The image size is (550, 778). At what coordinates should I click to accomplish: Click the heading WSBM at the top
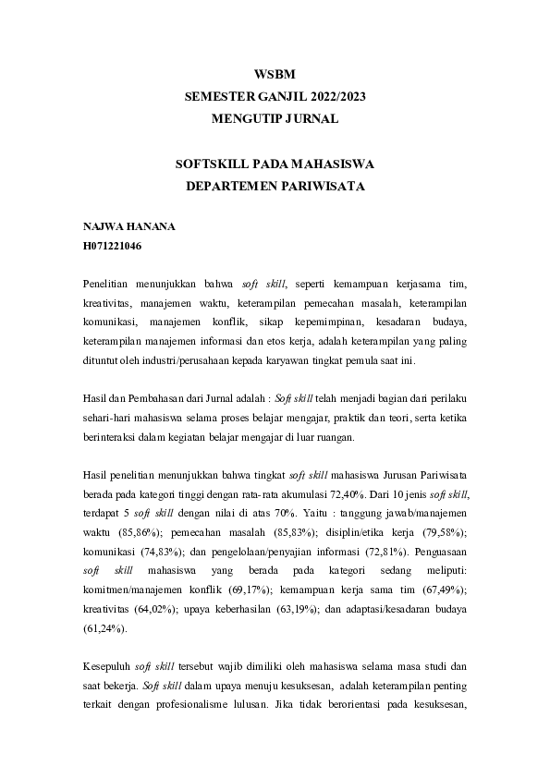pos(275,75)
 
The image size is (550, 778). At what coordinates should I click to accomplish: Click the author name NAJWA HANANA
pos(116,226)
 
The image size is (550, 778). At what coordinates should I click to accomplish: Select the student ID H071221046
pos(112,247)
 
